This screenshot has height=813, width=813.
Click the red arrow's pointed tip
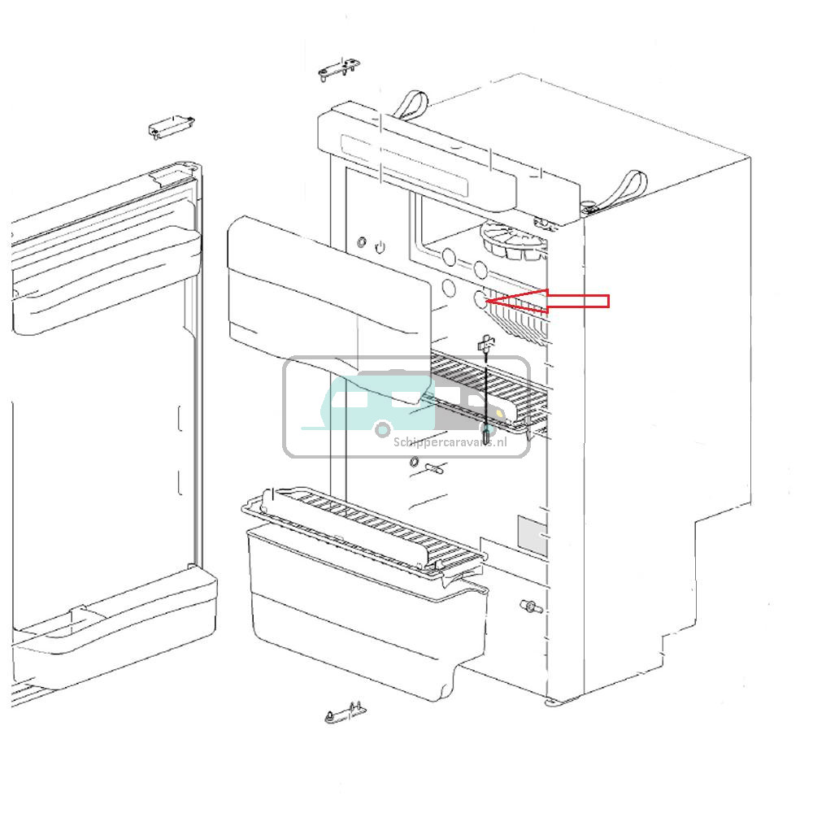point(487,302)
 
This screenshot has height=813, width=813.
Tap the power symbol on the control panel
point(380,245)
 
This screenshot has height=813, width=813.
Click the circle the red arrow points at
point(480,299)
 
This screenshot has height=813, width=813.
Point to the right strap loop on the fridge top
point(628,189)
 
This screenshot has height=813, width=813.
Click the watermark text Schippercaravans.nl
point(450,443)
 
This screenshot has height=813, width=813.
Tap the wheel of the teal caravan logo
point(382,428)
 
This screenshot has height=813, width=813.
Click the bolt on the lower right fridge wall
point(529,606)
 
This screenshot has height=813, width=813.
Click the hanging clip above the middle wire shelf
point(485,345)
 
